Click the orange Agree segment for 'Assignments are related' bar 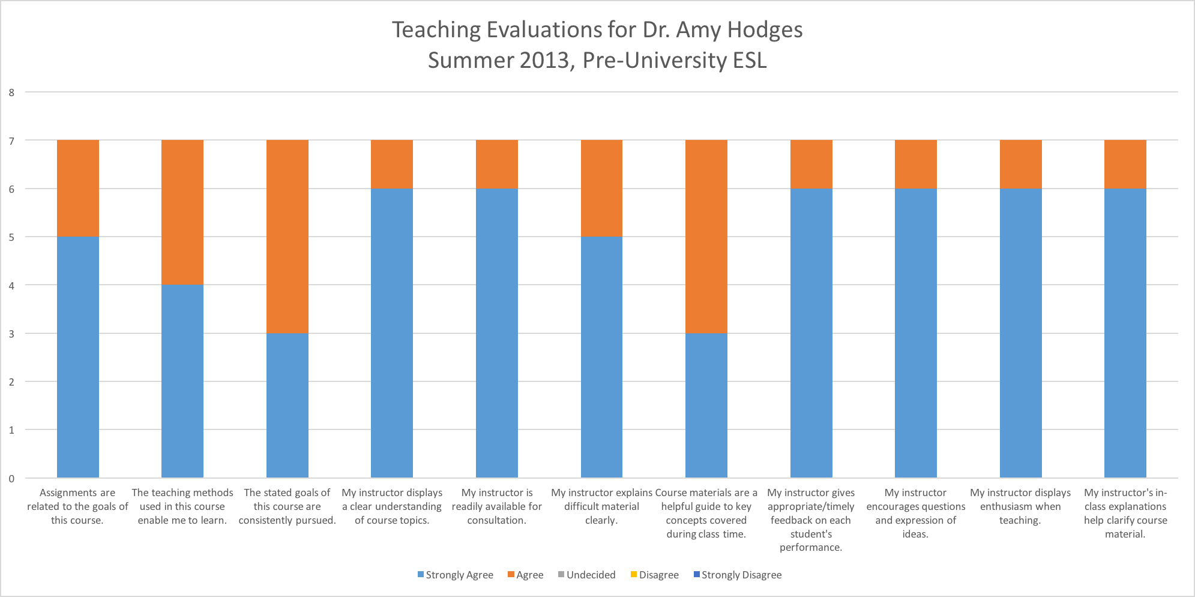point(77,188)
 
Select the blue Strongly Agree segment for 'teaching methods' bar point(182,381)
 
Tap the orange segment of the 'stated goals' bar point(287,236)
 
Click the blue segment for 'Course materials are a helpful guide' point(706,405)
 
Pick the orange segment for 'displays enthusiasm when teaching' point(1020,164)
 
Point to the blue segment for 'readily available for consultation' point(496,333)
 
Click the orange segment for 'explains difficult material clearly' point(601,188)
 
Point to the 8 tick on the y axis point(11,92)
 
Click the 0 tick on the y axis point(11,479)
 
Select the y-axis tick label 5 point(11,237)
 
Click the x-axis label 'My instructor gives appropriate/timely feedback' point(811,520)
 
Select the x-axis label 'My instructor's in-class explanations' point(1125,513)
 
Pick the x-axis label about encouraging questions point(915,513)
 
